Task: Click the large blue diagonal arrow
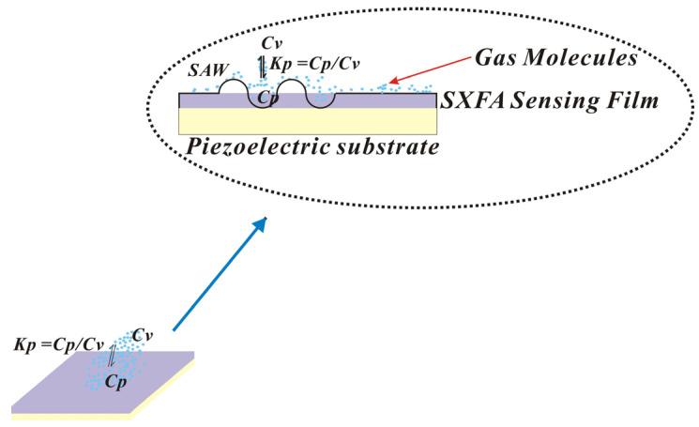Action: pyautogui.click(x=220, y=273)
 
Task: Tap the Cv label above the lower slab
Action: pyautogui.click(x=144, y=334)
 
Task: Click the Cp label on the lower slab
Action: pyautogui.click(x=116, y=383)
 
